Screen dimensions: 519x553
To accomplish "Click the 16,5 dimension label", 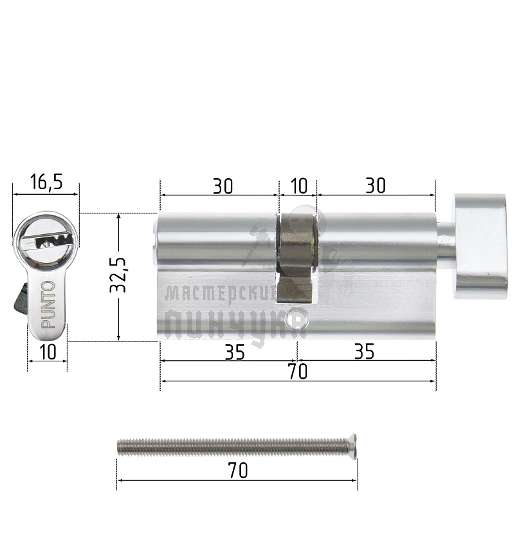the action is click(46, 182).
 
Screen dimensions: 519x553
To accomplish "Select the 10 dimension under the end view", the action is click(48, 352).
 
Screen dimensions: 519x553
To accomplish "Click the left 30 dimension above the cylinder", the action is click(223, 186).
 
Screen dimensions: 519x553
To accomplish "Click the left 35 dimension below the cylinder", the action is click(235, 352).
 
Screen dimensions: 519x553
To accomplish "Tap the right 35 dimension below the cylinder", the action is click(364, 352).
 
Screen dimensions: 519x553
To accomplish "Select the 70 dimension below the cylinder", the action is click(298, 372).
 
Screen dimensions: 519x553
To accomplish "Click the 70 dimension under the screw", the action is click(238, 471).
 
